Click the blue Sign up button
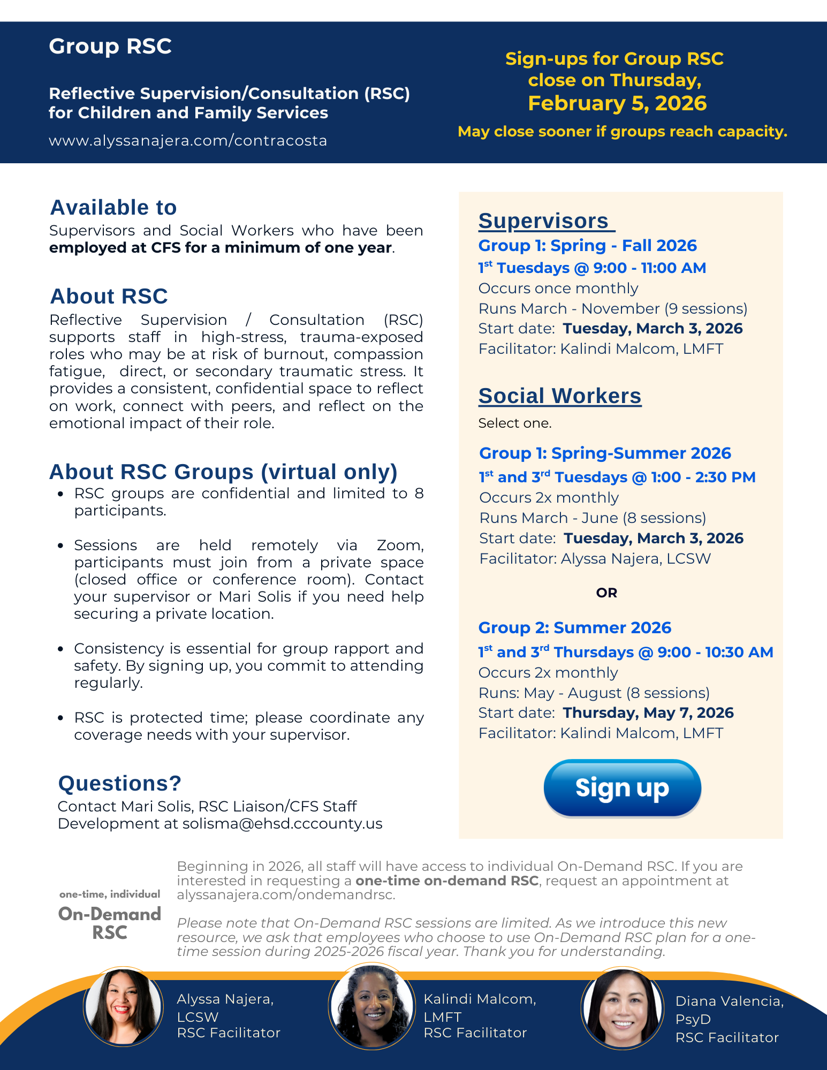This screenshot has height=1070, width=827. coord(622,788)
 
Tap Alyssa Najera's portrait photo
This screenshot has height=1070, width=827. coord(123,1006)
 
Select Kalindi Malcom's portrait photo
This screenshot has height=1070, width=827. coord(371,1006)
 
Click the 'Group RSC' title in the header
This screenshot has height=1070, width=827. coord(110,47)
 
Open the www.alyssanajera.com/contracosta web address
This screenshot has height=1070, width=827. coord(187,140)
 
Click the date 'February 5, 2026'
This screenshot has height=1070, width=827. coord(617,103)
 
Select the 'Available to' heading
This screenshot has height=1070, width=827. coord(113,208)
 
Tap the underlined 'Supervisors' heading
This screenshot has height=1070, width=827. coord(544,221)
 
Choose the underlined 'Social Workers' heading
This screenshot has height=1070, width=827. coord(559,396)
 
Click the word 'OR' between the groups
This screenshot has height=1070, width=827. coord(606,593)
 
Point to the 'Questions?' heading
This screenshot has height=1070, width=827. coord(119,783)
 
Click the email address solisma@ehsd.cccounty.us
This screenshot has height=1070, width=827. coord(282,823)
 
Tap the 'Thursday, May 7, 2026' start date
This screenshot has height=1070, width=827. coord(648,712)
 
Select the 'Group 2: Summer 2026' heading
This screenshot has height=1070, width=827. coord(574,627)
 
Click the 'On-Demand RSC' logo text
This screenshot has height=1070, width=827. coord(110,923)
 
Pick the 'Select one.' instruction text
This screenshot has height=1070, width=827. coord(514,423)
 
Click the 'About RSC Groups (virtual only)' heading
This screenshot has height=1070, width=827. coord(223,472)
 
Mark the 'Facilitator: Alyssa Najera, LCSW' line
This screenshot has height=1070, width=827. coord(595,558)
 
